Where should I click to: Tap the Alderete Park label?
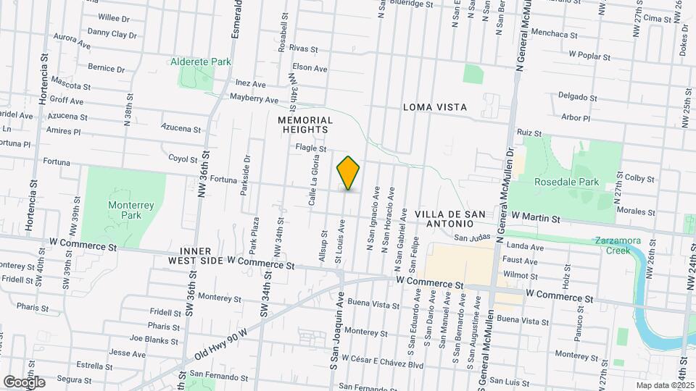201,62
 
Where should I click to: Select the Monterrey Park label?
120,210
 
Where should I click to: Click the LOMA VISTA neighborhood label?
435,107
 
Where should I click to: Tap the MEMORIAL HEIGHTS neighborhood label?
305,125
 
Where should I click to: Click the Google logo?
24,382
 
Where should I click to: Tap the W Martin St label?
536,217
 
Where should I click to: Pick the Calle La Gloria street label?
313,181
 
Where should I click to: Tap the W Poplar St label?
594,54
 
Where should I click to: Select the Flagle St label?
311,148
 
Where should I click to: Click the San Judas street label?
468,236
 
